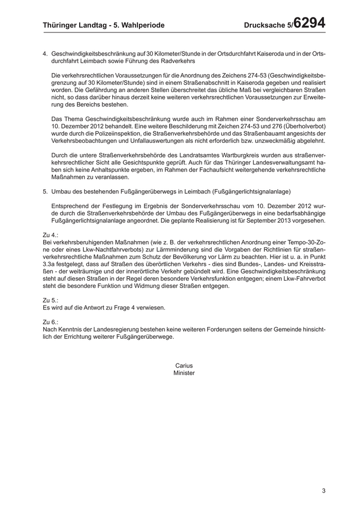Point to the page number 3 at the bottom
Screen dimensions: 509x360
pyautogui.click(x=324, y=490)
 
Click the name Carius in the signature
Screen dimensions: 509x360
pyautogui.click(x=184, y=366)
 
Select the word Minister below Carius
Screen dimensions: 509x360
pyautogui.click(x=184, y=373)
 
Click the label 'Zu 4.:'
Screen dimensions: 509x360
pyautogui.click(x=50, y=234)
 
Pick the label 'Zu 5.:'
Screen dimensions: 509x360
pyautogui.click(x=50, y=299)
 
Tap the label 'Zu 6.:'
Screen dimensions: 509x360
pyautogui.click(x=50, y=321)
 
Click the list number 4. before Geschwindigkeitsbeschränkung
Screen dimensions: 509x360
pyautogui.click(x=45, y=53)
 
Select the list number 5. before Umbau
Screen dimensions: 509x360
pyautogui.click(x=45, y=191)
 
